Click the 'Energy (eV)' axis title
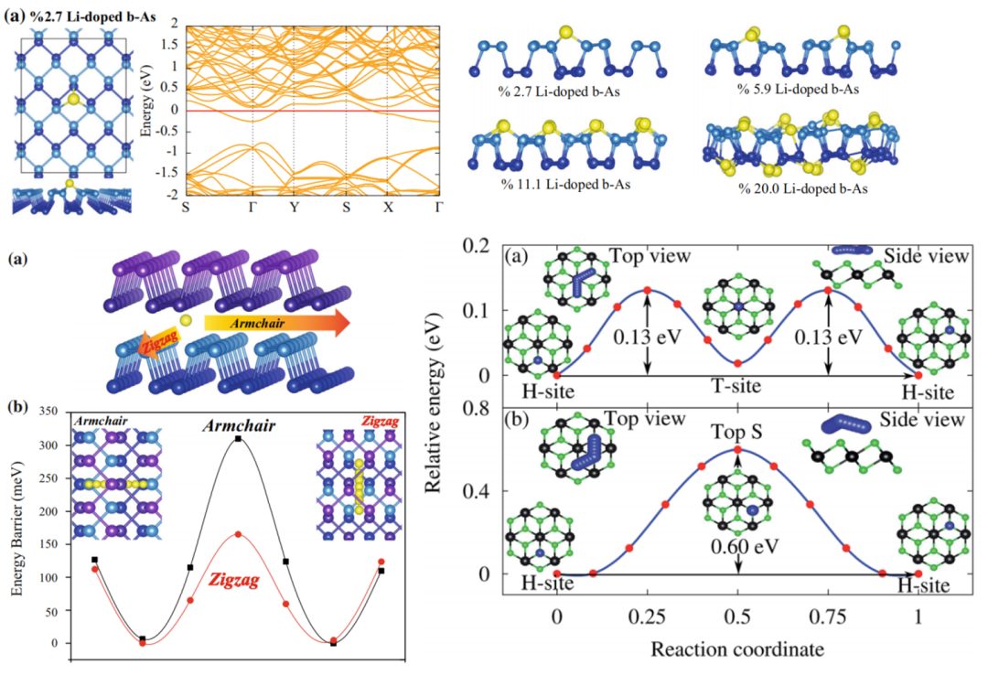tap(145, 112)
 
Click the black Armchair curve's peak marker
tap(238, 439)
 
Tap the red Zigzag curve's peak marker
tap(238, 534)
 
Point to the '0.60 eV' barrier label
tap(737, 548)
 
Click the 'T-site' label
tap(736, 388)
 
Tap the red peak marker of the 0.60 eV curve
tap(737, 449)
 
